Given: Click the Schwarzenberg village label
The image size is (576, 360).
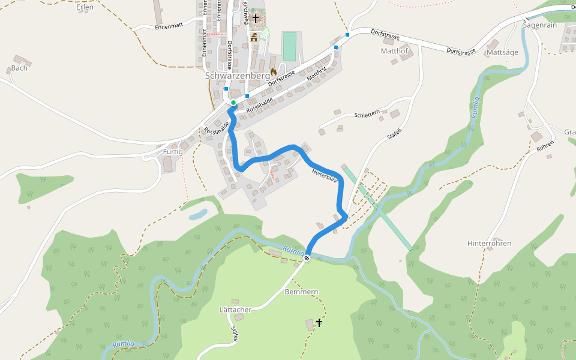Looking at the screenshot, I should [x=238, y=76].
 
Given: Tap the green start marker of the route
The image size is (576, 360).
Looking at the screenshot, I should [x=233, y=103].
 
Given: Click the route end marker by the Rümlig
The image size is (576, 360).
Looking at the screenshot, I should [x=307, y=258].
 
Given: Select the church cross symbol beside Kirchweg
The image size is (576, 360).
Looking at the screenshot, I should [x=256, y=19].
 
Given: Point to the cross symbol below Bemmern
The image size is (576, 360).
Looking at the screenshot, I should [x=319, y=323].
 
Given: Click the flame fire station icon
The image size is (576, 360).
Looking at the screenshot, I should [x=274, y=72].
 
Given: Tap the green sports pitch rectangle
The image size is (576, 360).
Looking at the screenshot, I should [x=290, y=47].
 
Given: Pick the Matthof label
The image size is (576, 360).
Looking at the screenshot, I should [x=394, y=52].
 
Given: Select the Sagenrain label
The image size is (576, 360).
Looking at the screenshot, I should [x=540, y=25].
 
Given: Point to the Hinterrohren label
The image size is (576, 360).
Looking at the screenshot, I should [x=489, y=244].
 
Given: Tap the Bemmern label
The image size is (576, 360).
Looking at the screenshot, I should [x=301, y=292].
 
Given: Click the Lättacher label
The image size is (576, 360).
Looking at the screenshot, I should [x=235, y=309].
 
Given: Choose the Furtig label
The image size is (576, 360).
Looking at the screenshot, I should [x=173, y=152].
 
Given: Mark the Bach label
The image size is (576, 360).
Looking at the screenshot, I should [x=19, y=68].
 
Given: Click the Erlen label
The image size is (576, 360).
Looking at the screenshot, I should [x=85, y=7].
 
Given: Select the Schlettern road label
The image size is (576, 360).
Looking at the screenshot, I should [x=367, y=114].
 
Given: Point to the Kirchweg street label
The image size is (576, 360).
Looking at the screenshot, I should [x=245, y=12].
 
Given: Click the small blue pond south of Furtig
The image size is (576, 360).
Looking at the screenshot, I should [x=197, y=214].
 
